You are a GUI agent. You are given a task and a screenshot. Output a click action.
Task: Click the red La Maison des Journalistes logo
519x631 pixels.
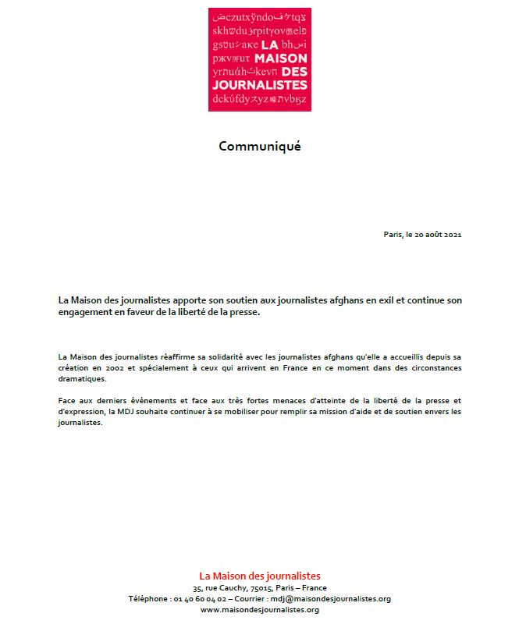pos(259,59)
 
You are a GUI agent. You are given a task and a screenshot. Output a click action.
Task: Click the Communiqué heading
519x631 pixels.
pos(259,146)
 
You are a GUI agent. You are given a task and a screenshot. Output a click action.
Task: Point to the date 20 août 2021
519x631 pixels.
pos(434,234)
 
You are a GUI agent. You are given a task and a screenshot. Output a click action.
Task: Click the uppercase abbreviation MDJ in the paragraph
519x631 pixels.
pos(174,411)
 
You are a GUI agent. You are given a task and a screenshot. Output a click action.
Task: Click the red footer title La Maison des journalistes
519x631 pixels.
pos(259,576)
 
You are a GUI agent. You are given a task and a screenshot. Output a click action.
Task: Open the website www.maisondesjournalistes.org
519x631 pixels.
pos(259,610)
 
